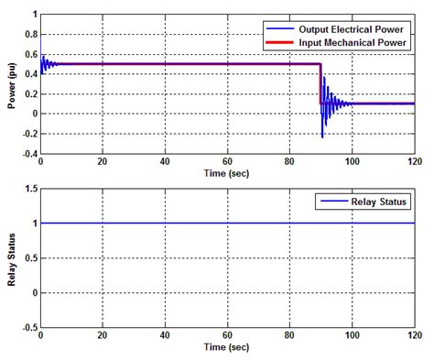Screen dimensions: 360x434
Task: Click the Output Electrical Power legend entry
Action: click(x=348, y=27)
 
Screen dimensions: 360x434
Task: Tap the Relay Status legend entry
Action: click(x=365, y=201)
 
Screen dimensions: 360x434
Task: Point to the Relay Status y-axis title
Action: click(x=11, y=257)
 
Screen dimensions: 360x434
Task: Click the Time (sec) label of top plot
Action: click(x=226, y=171)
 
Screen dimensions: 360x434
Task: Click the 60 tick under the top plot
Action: click(x=226, y=161)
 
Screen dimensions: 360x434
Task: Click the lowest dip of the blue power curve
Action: click(x=322, y=137)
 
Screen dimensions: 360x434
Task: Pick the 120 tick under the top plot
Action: click(x=413, y=161)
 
